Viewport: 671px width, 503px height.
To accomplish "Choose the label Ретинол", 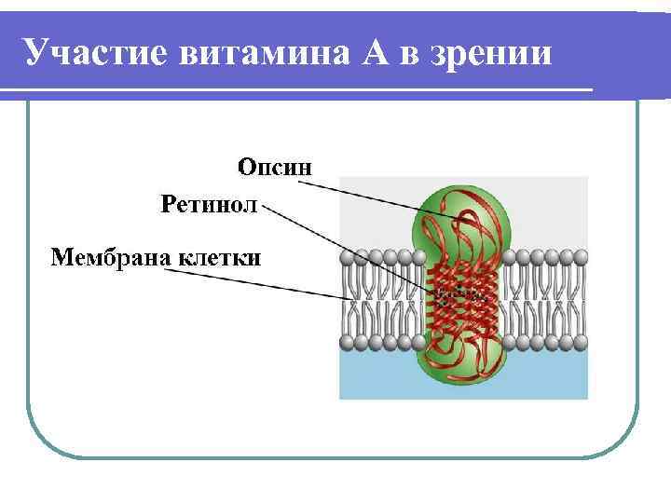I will (208, 203).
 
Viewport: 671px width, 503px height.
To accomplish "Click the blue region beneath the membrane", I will (541, 377).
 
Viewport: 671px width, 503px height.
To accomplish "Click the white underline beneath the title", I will (298, 90).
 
